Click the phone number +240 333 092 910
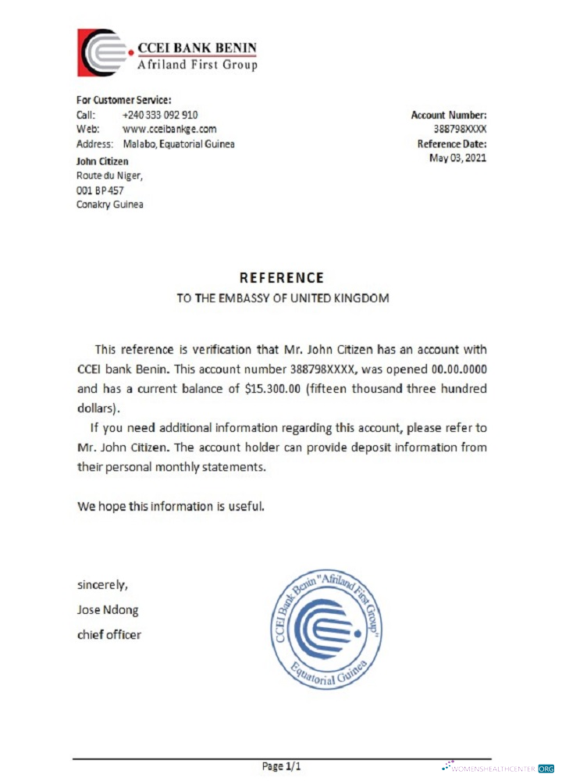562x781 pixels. [160, 115]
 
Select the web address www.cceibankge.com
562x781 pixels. [169, 129]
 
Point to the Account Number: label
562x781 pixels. [449, 115]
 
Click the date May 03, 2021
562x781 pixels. [457, 159]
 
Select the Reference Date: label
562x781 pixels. [452, 144]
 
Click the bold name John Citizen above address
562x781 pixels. [102, 161]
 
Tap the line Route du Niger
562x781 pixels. [109, 176]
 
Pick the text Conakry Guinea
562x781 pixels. [109, 205]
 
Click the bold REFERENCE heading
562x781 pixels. [281, 277]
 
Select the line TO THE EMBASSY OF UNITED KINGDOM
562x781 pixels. [282, 298]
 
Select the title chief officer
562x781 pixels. [109, 634]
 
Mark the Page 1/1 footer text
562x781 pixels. [281, 766]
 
